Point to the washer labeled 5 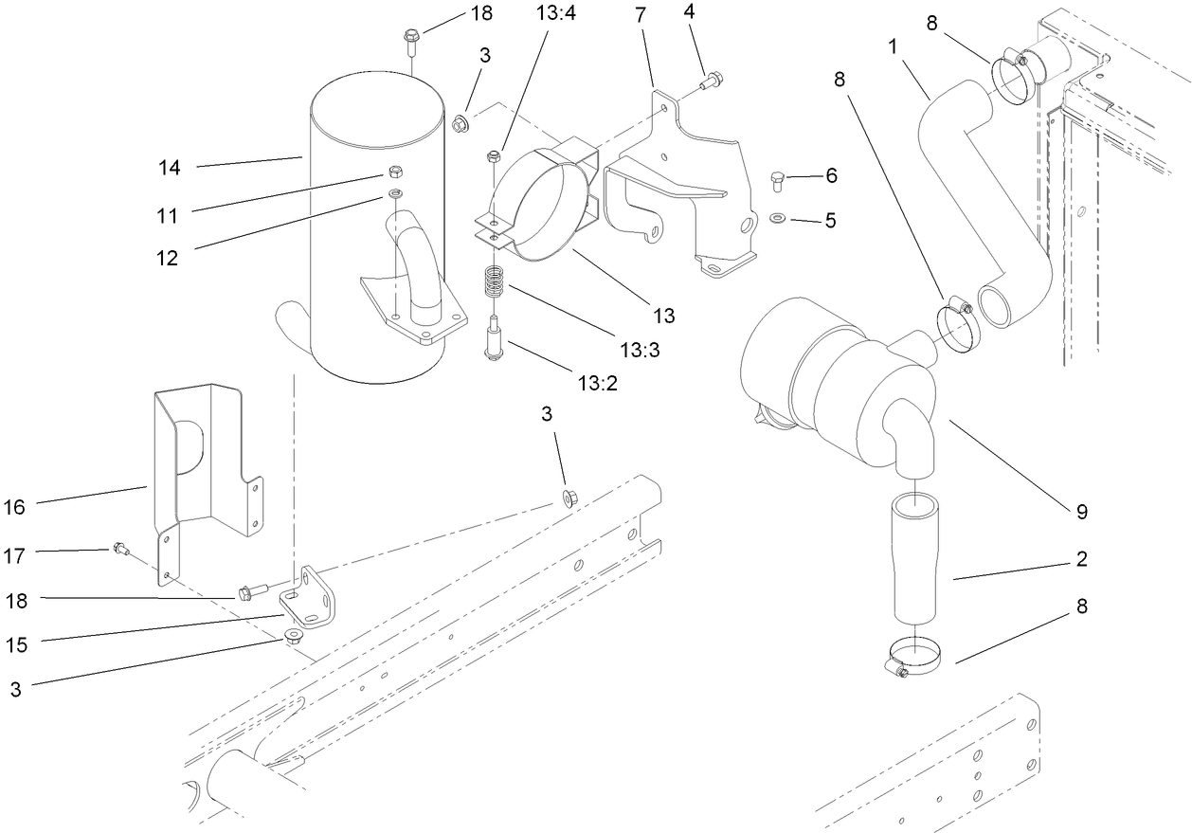coord(777,219)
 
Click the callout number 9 coord(1080,512)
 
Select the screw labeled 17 coord(120,547)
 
